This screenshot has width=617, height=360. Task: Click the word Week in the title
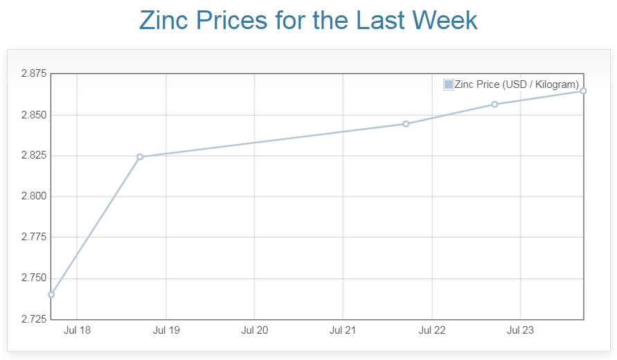[445, 20]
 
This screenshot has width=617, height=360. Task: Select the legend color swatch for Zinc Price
[449, 84]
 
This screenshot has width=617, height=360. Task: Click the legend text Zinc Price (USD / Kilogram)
[517, 84]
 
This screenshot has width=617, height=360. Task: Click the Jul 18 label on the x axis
[77, 330]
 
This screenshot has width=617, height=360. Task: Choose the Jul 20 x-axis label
[254, 330]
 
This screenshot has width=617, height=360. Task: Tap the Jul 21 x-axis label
[343, 330]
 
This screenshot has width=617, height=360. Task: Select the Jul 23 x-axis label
[520, 330]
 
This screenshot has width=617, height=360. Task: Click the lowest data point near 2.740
[51, 294]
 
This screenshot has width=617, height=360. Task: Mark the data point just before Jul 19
[140, 156]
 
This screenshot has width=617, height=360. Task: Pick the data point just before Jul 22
[406, 124]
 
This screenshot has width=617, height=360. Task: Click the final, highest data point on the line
[583, 91]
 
